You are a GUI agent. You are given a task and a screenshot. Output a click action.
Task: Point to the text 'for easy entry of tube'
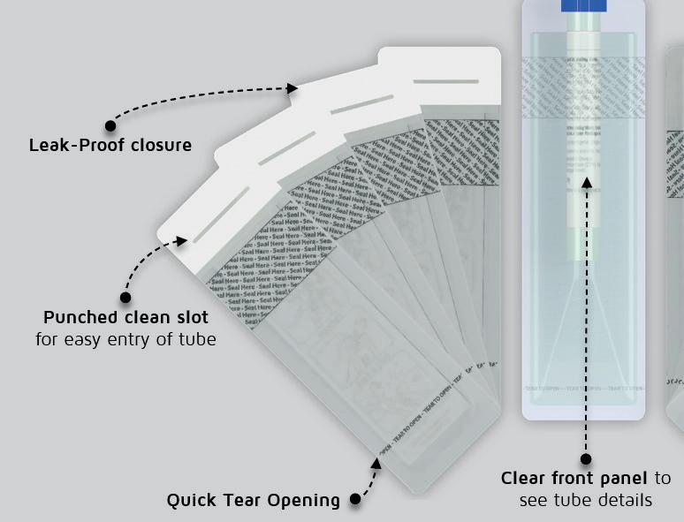tap(125, 338)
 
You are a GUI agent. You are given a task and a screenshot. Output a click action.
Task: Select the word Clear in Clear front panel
tap(526, 479)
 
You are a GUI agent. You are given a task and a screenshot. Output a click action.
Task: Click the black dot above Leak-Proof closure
tap(110, 125)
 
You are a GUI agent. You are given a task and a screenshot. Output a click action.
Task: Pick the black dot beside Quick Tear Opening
tap(355, 499)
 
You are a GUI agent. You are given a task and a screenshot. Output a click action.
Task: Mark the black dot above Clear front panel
tap(585, 458)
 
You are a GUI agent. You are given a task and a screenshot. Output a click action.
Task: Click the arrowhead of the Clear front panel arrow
tap(585, 183)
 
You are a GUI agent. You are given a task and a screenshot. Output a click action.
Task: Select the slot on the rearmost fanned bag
tap(445, 81)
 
